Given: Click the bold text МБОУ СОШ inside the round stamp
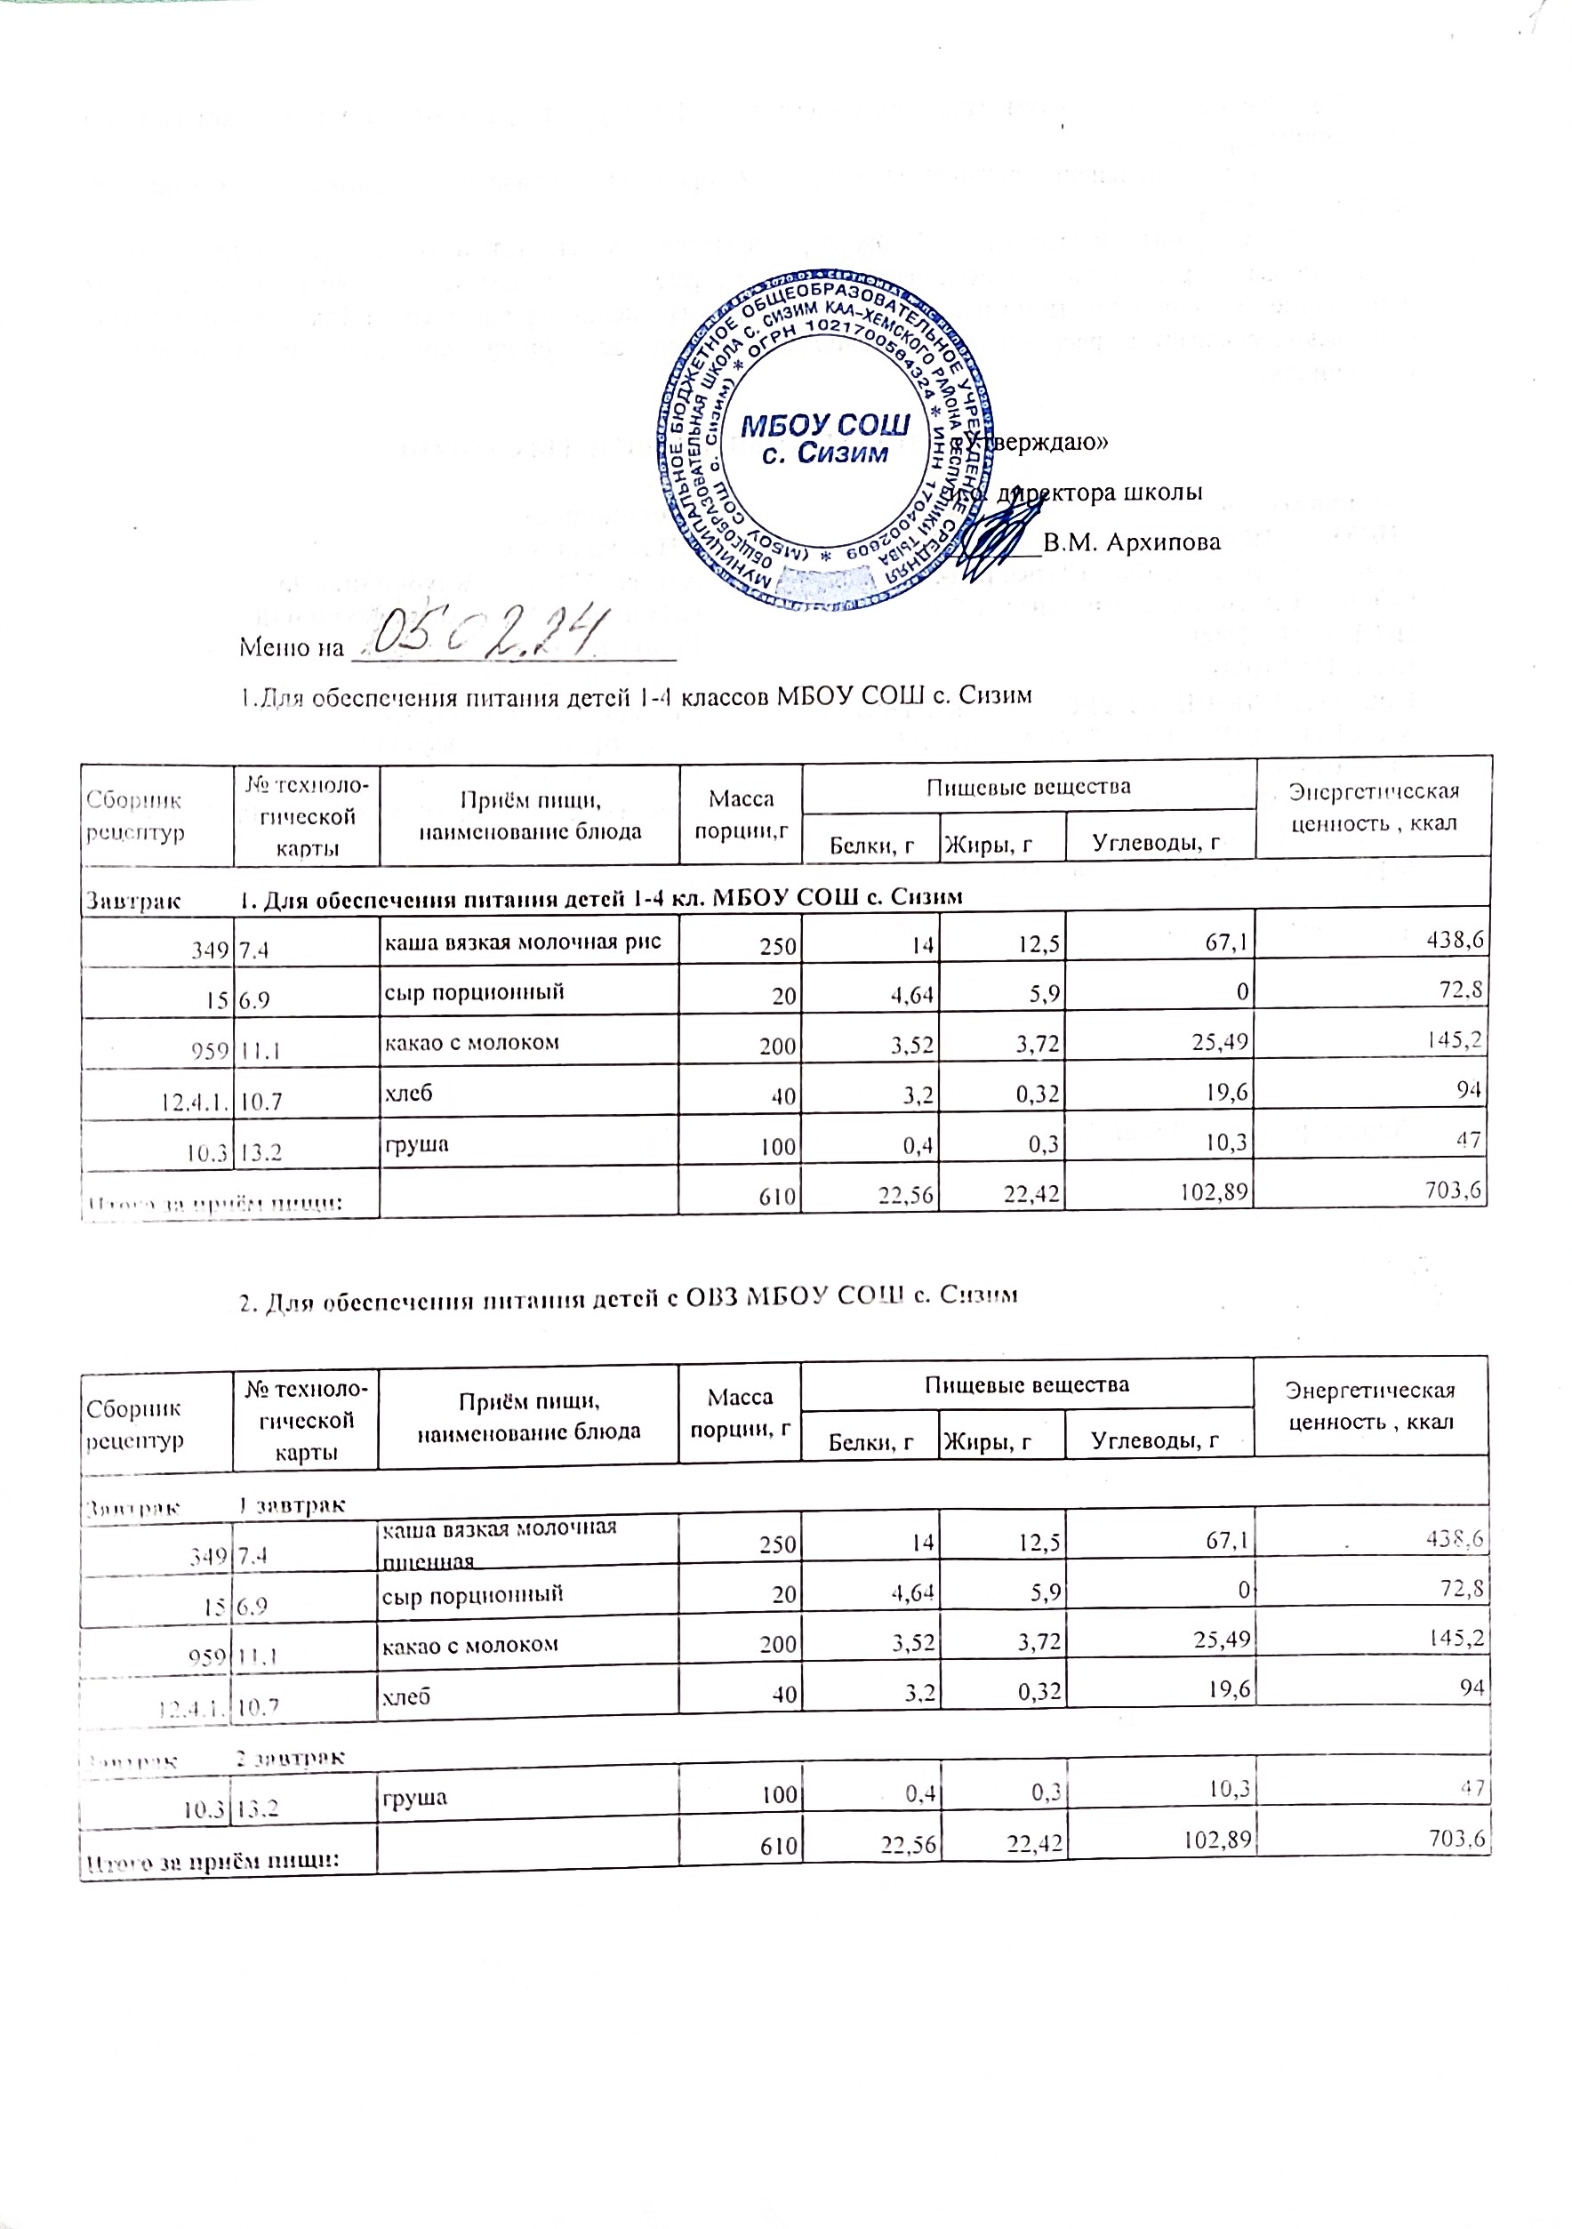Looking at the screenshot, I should point(825,426).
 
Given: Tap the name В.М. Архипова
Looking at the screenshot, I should point(1131,542).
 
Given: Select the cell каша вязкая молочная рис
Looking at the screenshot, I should point(525,941).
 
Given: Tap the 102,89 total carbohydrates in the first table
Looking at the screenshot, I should point(1213,1191).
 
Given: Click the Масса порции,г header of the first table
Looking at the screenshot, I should point(741,814).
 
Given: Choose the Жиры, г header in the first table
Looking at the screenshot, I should point(988,845).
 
